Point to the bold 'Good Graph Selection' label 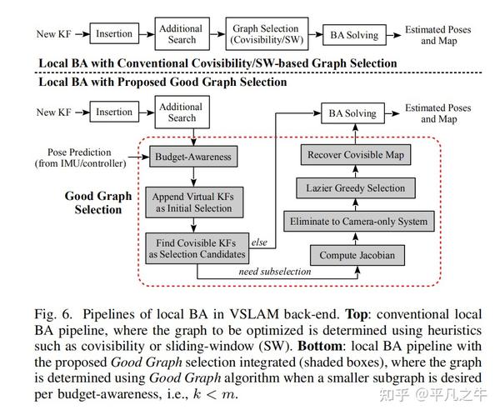[97, 202]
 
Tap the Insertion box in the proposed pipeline [114, 112]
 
